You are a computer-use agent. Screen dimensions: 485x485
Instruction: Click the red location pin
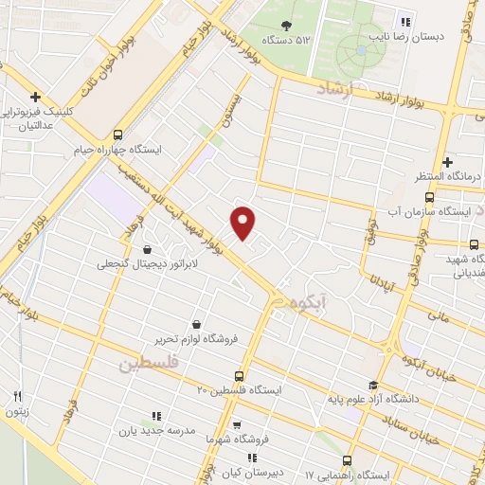pyautogui.click(x=244, y=222)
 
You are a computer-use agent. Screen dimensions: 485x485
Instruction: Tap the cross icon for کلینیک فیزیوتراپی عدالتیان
pyautogui.click(x=35, y=97)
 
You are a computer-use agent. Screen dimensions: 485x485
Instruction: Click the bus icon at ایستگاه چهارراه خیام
pyautogui.click(x=117, y=135)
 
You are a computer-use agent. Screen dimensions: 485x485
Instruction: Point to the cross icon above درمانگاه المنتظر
pyautogui.click(x=447, y=162)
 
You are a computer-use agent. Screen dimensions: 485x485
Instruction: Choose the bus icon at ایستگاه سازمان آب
pyautogui.click(x=430, y=198)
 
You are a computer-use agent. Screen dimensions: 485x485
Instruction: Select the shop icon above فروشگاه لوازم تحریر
pyautogui.click(x=196, y=324)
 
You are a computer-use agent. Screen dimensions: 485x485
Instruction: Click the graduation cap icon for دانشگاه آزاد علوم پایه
pyautogui.click(x=373, y=385)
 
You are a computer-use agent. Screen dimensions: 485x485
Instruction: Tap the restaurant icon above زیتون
pyautogui.click(x=17, y=396)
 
